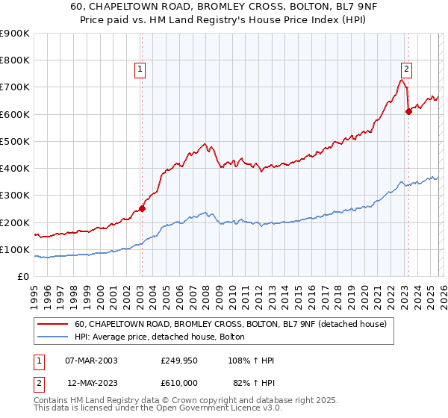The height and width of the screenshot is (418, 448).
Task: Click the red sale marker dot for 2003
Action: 142,209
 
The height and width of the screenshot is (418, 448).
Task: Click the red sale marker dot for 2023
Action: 408,111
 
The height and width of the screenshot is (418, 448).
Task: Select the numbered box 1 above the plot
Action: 140,69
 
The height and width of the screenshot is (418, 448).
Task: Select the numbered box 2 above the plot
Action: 406,69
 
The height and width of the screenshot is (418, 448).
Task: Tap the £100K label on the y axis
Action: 15,249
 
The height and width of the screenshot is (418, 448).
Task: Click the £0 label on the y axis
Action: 23,277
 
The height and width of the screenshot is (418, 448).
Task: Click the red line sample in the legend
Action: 53,325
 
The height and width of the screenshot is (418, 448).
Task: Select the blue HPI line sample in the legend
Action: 53,337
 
